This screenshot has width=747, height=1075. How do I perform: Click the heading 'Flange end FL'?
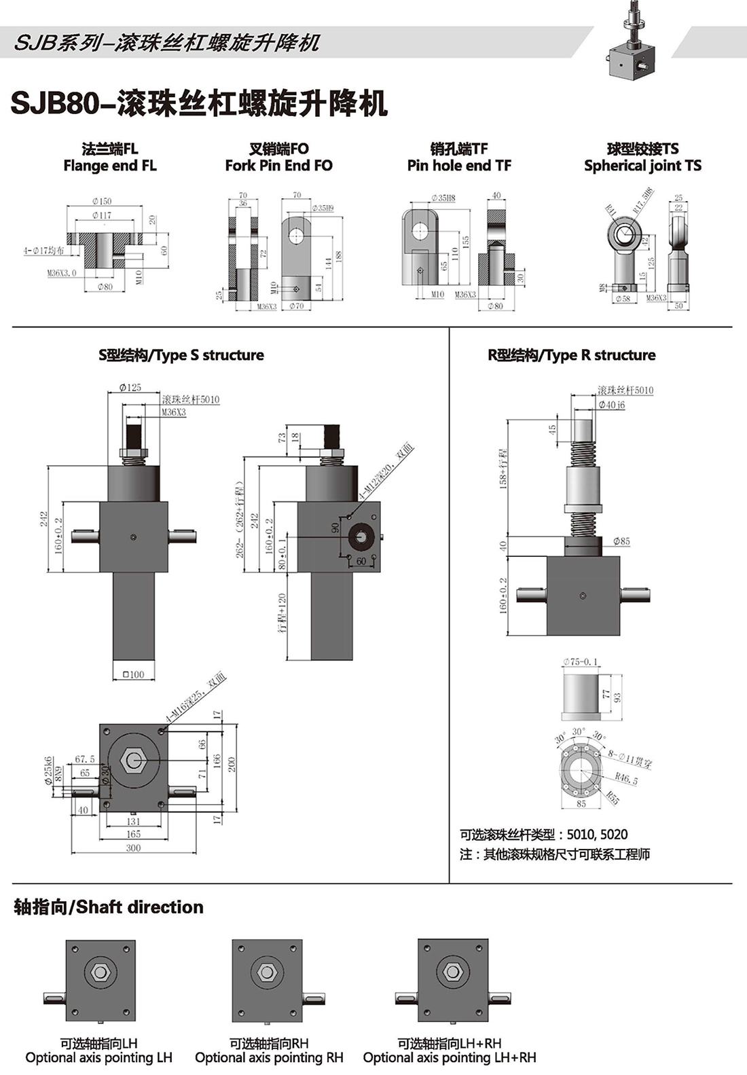109,166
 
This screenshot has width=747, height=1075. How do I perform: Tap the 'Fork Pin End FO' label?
278,166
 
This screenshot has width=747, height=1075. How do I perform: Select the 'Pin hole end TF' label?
459,166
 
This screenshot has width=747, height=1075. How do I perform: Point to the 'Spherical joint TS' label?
642,166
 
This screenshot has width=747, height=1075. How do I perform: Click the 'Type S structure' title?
181,355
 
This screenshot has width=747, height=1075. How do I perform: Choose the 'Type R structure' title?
572,355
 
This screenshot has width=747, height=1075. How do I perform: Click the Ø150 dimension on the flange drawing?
102,201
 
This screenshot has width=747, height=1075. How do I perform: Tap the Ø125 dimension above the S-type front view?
130,388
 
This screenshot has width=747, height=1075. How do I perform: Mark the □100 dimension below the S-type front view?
133,674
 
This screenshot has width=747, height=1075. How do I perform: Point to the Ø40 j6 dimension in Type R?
611,405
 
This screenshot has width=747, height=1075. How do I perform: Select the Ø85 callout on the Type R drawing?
621,541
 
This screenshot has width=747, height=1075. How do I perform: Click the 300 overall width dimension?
133,848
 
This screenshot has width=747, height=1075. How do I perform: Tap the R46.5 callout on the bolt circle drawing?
626,779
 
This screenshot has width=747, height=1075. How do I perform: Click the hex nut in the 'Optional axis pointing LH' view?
101,972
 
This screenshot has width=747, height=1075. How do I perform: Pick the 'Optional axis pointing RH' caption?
269,1057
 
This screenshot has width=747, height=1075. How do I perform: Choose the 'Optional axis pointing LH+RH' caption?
450,1057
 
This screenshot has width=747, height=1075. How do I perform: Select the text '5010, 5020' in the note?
597,835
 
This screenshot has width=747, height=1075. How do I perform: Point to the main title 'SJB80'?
60,104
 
